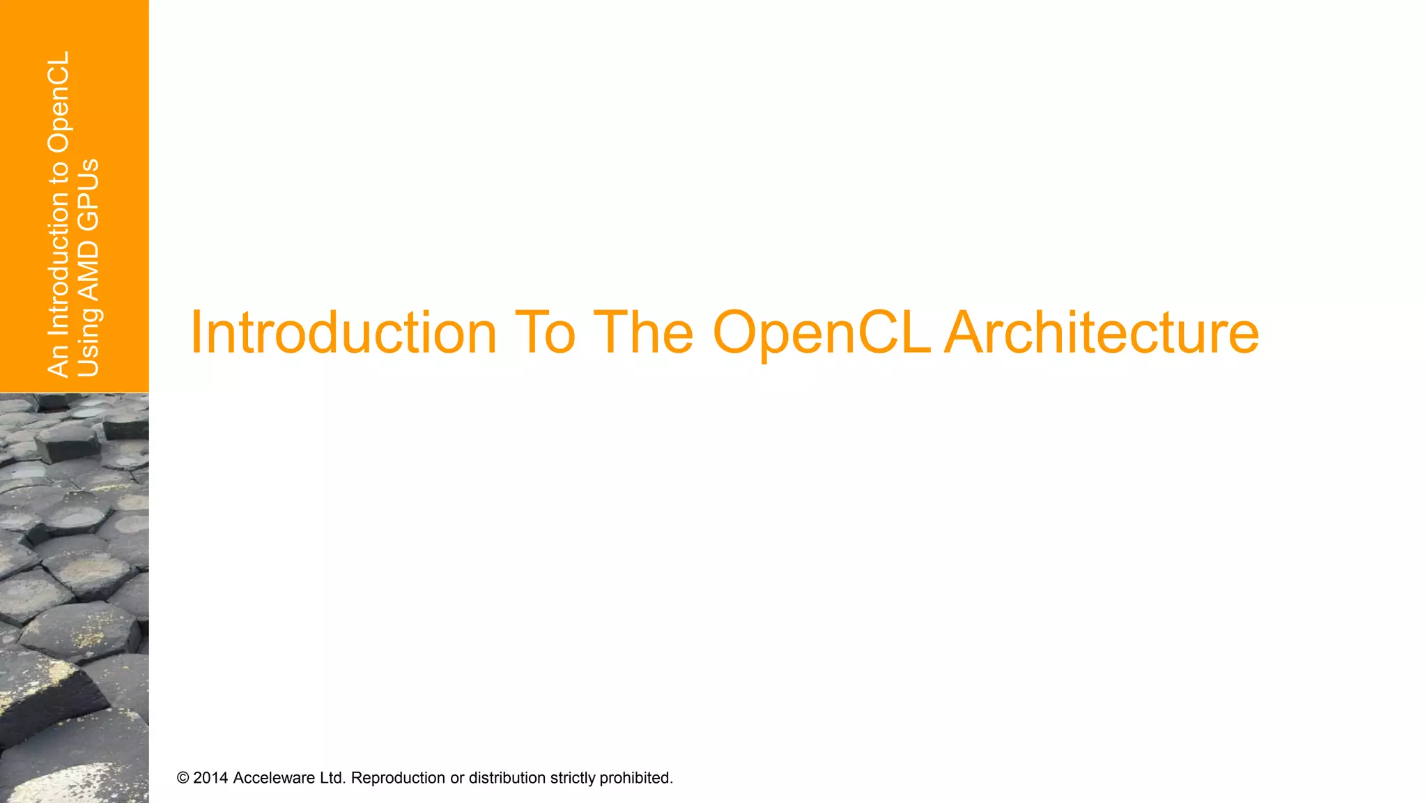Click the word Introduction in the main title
[x=343, y=332]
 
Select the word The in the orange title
[x=642, y=332]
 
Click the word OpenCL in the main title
[x=822, y=334]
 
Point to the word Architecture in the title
[x=1102, y=332]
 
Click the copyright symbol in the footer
[x=183, y=778]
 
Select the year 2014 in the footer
[x=210, y=778]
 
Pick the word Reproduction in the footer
[x=398, y=778]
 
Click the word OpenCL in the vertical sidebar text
[x=59, y=102]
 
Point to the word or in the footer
[x=457, y=778]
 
